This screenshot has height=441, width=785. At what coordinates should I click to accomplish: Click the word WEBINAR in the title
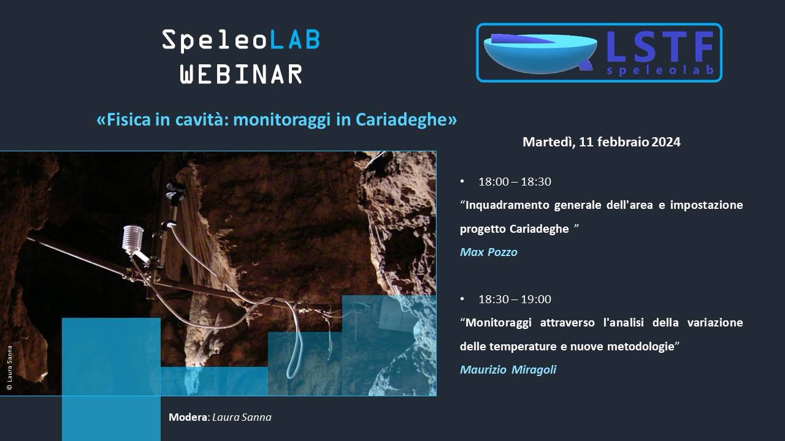point(241,74)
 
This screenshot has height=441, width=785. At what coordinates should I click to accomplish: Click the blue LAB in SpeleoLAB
point(294,40)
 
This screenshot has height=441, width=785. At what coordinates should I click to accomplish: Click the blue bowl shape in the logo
point(540,53)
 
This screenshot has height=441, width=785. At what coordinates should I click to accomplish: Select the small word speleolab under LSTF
point(660,70)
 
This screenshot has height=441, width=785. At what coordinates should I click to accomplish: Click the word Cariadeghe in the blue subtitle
point(406,119)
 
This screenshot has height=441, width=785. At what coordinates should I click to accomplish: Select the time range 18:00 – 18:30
point(515,182)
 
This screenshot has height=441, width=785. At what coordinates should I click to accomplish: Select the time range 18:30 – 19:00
point(515,300)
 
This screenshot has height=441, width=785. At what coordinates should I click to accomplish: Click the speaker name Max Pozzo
point(489,252)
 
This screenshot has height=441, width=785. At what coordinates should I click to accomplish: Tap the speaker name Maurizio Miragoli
point(508,369)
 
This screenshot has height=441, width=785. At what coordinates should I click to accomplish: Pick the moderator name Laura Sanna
point(242,417)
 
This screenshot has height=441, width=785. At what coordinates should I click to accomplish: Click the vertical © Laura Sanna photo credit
point(9,368)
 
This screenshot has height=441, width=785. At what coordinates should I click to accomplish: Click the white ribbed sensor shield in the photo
point(133,239)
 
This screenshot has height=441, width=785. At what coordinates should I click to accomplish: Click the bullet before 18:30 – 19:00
point(462,299)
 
